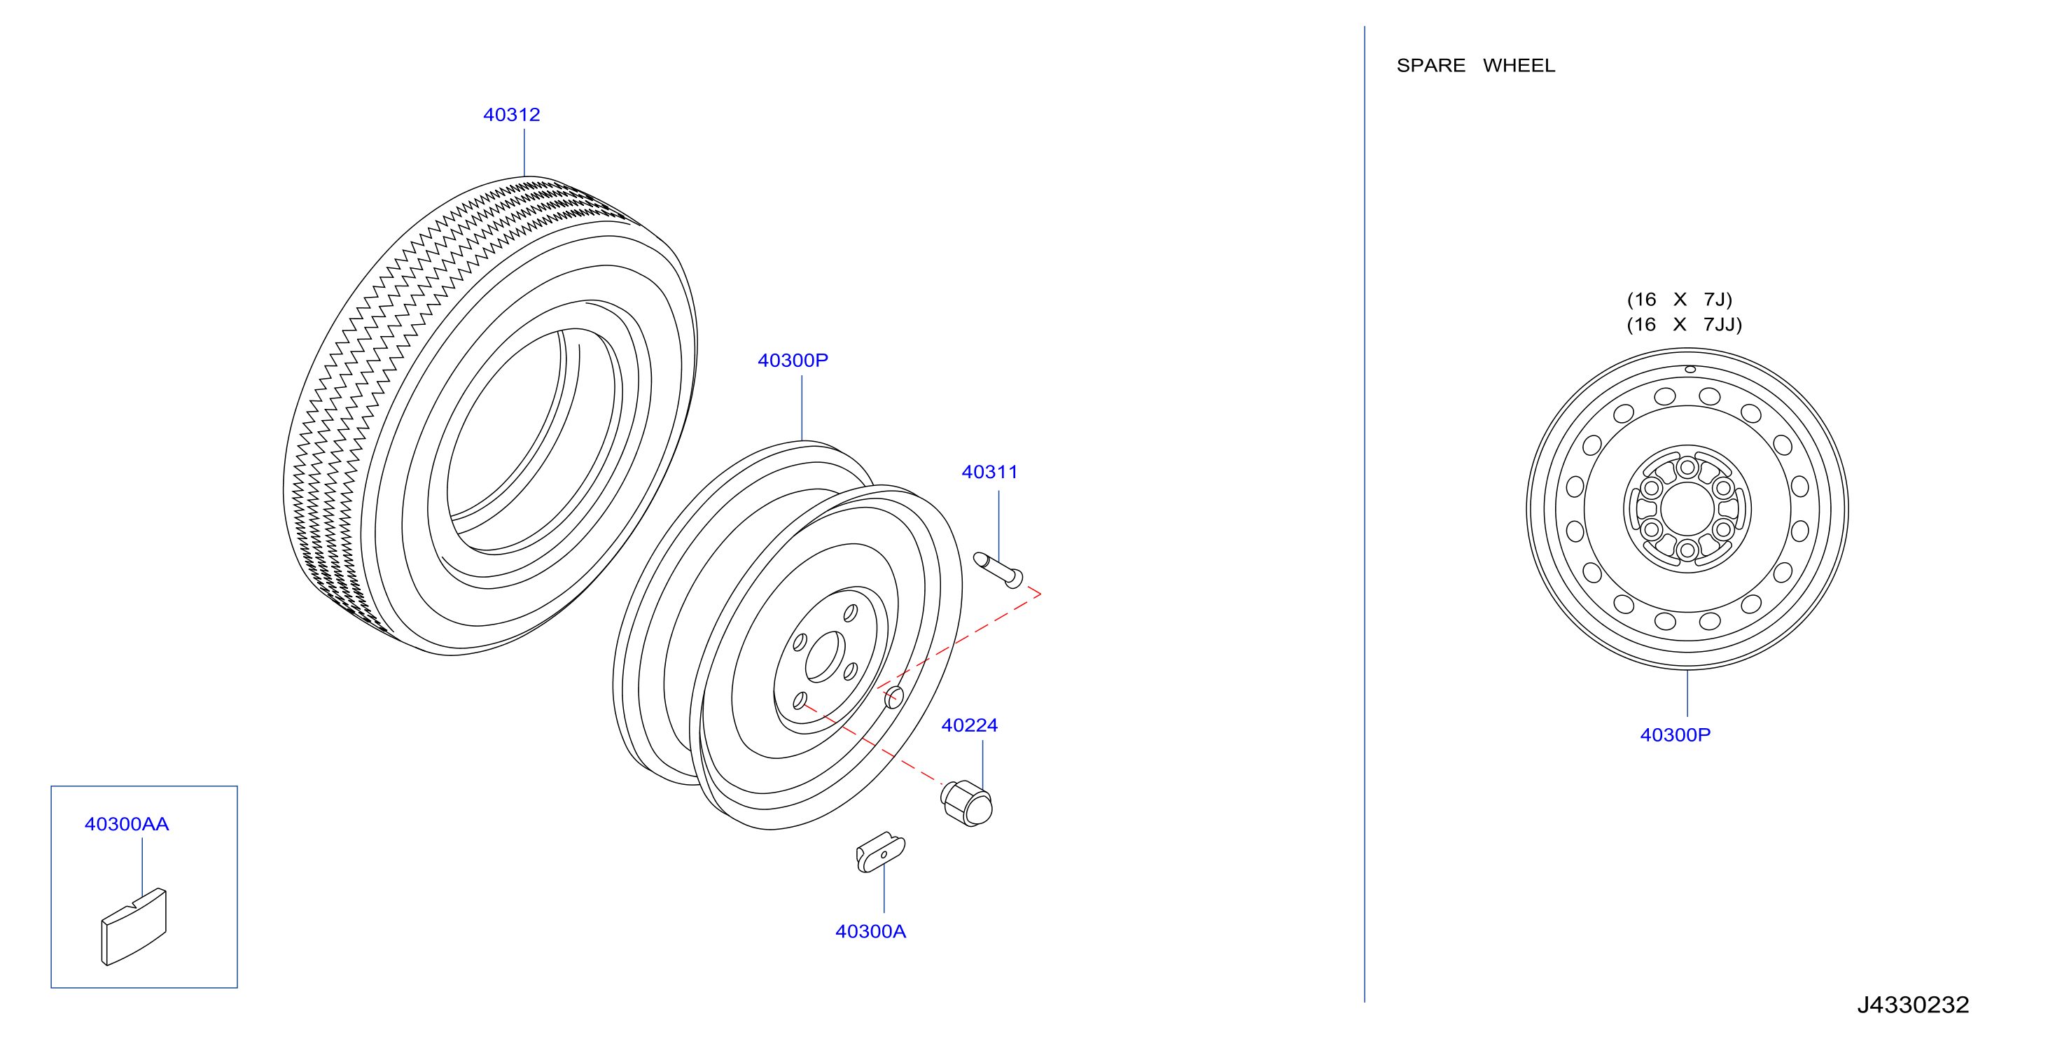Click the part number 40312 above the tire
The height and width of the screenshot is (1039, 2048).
511,115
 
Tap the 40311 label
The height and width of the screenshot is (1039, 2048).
989,471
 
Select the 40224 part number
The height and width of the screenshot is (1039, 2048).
969,725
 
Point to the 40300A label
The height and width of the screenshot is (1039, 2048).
870,931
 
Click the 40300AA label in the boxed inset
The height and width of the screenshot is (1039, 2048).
127,823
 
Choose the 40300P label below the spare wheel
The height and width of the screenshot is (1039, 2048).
1675,734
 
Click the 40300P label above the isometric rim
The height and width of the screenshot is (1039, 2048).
793,360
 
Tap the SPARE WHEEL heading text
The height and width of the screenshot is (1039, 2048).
1475,65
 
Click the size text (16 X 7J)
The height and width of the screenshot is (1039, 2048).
1679,300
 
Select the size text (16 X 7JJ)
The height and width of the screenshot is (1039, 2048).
1684,324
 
